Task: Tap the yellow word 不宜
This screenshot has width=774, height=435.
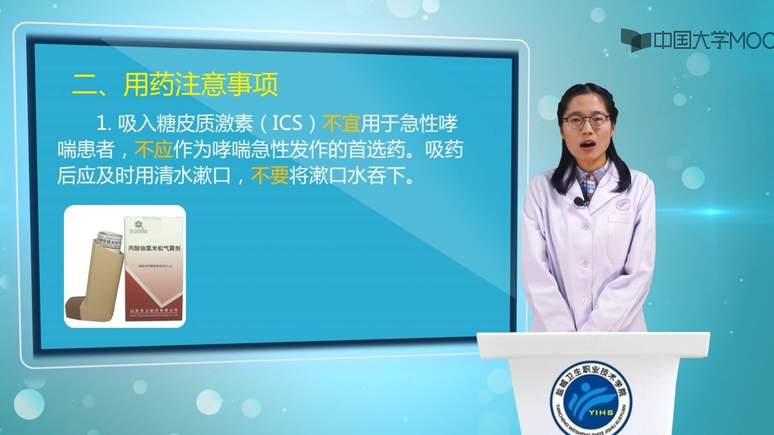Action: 342,123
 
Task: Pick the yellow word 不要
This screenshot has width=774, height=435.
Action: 270,176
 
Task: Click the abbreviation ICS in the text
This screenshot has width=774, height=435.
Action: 287,123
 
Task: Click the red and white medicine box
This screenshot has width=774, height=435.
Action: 154,266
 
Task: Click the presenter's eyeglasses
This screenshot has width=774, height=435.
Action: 586,121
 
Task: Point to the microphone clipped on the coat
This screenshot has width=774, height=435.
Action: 579,201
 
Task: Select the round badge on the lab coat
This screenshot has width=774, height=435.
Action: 623,204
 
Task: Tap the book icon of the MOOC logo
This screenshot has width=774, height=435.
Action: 636,40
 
